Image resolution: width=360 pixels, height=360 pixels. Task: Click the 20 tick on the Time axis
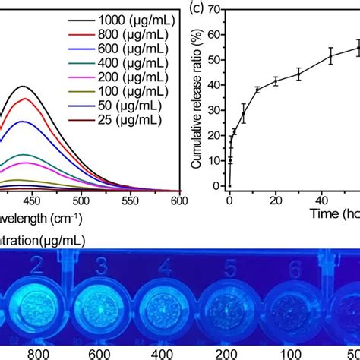pos(275,198)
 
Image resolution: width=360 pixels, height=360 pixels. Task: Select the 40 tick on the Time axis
pos(321,198)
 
